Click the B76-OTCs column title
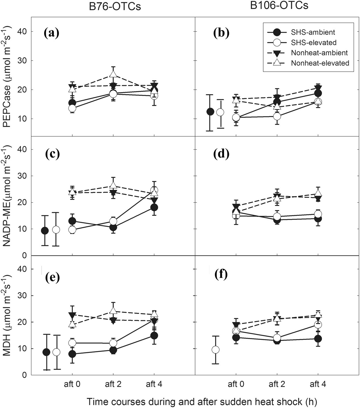[115, 6]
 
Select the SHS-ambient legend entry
[313, 32]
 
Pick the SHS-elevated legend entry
[313, 43]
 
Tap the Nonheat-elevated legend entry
[320, 63]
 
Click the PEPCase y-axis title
[8, 86]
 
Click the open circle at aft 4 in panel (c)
[154, 190]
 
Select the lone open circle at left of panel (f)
[215, 350]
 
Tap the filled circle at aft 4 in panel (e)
[154, 335]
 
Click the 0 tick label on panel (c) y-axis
[24, 256]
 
